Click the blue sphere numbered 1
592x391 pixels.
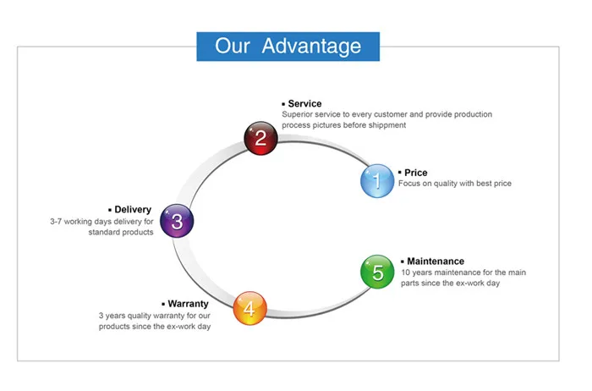pyautogui.click(x=377, y=180)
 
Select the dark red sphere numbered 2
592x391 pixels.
pyautogui.click(x=261, y=138)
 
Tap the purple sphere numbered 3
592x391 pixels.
pyautogui.click(x=177, y=222)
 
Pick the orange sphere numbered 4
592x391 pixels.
pyautogui.click(x=249, y=309)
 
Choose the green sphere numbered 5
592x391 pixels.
pyautogui.click(x=377, y=272)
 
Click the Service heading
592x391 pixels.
pyautogui.click(x=304, y=104)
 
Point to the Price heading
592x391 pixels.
pyautogui.click(x=415, y=173)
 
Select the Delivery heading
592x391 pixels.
pyautogui.click(x=133, y=209)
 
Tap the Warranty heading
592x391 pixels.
pyautogui.click(x=188, y=303)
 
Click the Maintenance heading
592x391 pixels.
pyautogui.click(x=435, y=262)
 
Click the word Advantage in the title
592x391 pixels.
pyautogui.click(x=311, y=46)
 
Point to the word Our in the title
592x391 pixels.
pyautogui.click(x=233, y=46)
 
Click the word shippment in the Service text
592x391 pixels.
pyautogui.click(x=386, y=125)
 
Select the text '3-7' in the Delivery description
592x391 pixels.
pyautogui.click(x=58, y=222)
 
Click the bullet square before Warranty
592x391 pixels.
pyautogui.click(x=162, y=304)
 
